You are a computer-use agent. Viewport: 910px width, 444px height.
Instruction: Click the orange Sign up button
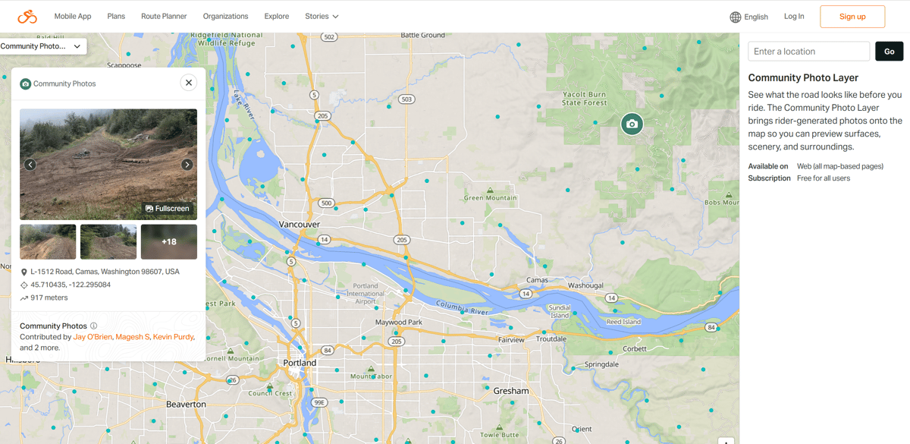852,17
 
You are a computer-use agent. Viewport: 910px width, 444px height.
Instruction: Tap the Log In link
794,16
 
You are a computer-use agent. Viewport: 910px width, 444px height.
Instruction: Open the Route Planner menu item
164,16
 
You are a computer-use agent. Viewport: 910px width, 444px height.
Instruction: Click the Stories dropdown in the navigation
322,16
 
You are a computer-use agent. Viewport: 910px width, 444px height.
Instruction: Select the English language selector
748,17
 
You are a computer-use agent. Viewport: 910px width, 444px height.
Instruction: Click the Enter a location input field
808,52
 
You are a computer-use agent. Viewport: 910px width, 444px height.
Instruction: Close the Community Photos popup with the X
189,83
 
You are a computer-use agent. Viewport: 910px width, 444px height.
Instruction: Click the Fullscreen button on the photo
168,209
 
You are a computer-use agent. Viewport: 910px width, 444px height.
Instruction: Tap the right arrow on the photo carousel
187,165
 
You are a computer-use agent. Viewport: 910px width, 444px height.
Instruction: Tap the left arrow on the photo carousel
30,165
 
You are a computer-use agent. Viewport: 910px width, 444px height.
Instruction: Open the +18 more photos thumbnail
169,242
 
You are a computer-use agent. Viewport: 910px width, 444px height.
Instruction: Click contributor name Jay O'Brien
93,337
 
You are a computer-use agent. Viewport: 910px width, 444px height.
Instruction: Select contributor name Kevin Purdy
173,337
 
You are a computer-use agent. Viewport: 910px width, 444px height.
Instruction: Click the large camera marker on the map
632,124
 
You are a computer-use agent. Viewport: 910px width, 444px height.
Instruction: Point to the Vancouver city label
300,225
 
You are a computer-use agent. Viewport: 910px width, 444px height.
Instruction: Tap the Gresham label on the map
510,391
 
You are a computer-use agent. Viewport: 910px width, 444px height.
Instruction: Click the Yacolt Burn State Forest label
585,99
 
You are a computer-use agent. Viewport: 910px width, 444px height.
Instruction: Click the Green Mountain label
490,198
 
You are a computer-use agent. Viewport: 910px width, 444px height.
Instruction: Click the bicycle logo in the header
27,17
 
